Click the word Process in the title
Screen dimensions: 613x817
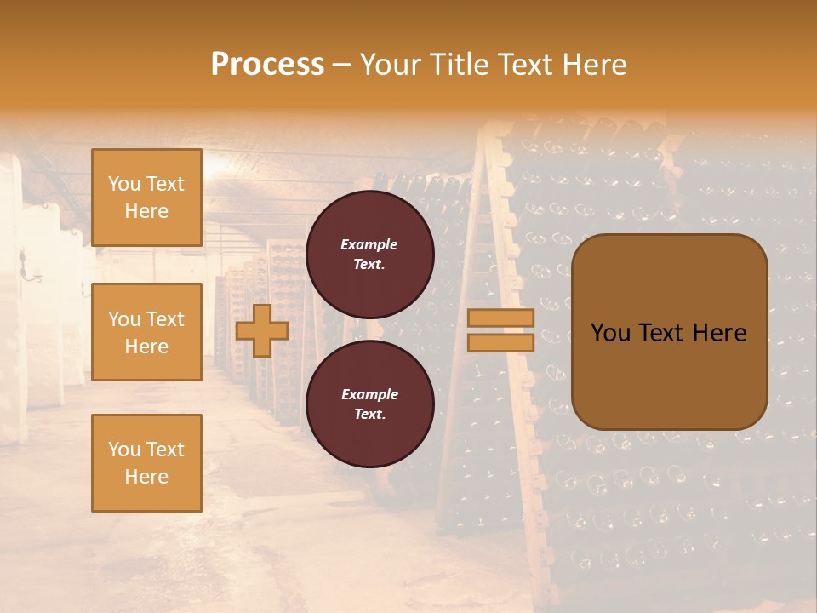(267, 65)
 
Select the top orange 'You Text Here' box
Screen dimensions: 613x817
(146, 198)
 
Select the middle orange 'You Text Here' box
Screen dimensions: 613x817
(146, 332)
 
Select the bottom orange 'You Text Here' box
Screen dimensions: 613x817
(146, 462)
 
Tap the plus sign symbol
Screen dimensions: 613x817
(262, 330)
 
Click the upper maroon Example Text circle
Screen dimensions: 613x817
(369, 255)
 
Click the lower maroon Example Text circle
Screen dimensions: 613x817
(369, 404)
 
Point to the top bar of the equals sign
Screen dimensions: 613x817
(500, 318)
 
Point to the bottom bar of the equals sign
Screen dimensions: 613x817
(500, 343)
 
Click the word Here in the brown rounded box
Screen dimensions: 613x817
(719, 333)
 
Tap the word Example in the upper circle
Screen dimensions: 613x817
(369, 244)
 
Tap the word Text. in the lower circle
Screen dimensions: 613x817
(369, 415)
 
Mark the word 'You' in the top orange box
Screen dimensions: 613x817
(123, 184)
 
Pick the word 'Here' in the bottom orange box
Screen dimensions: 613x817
(146, 477)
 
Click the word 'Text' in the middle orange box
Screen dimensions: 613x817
(166, 319)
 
